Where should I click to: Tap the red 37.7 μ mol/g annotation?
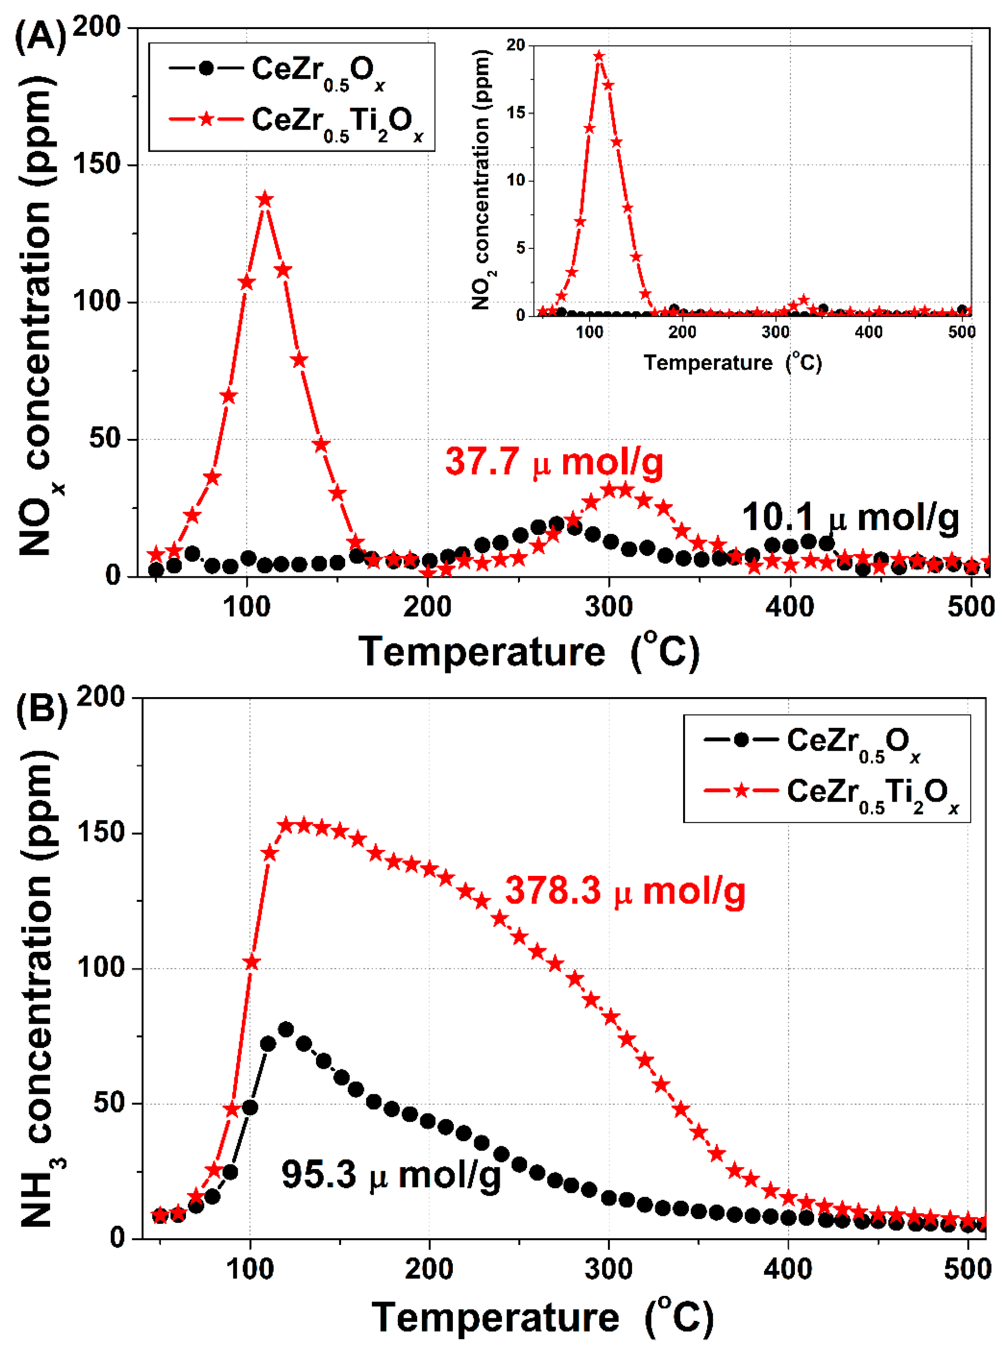[x=553, y=462]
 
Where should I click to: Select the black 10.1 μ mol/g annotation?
[x=850, y=518]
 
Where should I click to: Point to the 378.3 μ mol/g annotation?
[x=625, y=891]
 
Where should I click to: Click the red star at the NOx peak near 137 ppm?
[x=265, y=200]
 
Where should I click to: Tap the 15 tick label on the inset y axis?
[x=515, y=113]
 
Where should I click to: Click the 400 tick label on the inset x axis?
[x=868, y=332]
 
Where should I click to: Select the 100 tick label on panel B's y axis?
[x=101, y=968]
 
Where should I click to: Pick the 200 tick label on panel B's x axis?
[x=429, y=1270]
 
